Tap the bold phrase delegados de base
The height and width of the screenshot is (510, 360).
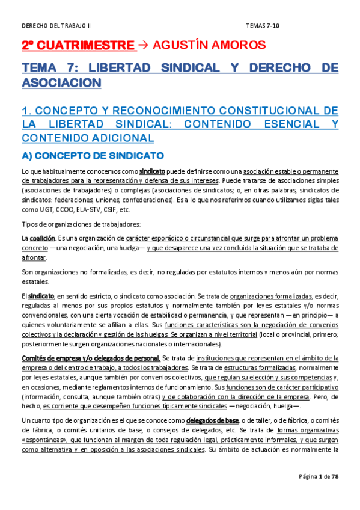click(212, 420)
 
